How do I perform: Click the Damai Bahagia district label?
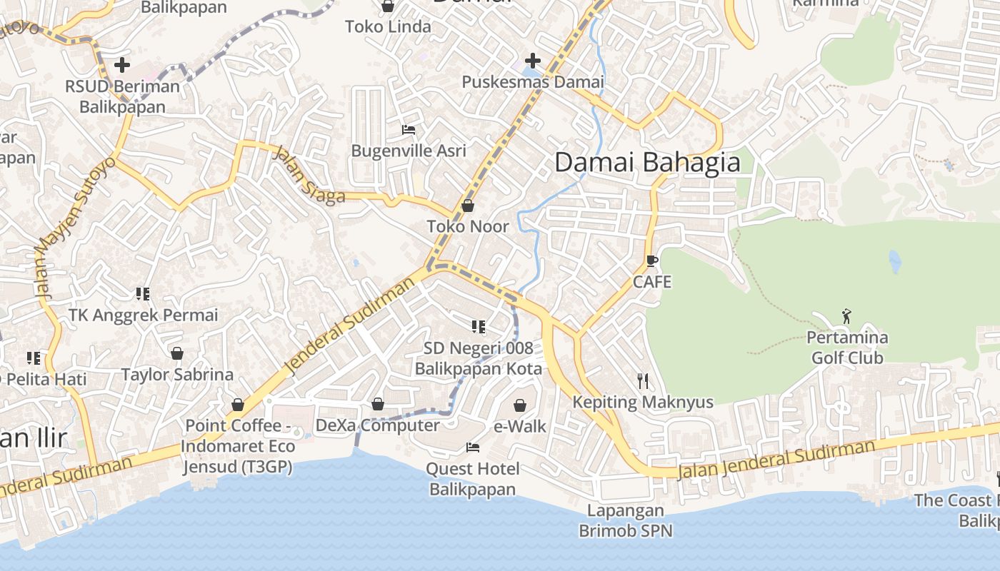click(647, 163)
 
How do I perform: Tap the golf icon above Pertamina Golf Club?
click(847, 315)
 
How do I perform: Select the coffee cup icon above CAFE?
click(651, 261)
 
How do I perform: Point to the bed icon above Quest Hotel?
click(472, 448)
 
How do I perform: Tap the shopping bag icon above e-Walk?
click(520, 405)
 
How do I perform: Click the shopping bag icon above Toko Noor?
click(468, 206)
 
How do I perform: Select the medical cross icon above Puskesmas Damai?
click(532, 61)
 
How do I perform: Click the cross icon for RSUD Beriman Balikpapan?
click(122, 65)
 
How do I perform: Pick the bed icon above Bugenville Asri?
click(409, 129)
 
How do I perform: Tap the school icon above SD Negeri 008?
click(478, 327)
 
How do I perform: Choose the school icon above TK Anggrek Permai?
click(142, 293)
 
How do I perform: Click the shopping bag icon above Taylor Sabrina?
click(176, 353)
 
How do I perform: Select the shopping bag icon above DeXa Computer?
click(378, 405)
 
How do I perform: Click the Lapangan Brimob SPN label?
click(625, 520)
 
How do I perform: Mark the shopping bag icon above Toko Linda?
click(388, 6)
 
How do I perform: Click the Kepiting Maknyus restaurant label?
click(643, 402)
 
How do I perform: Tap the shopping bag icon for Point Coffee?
click(238, 405)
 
